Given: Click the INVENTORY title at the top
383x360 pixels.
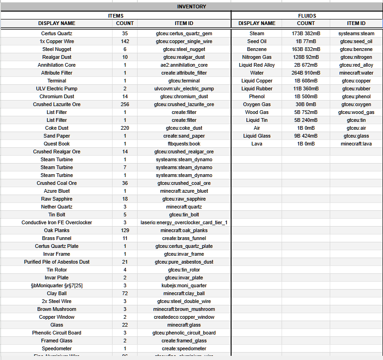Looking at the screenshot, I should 191,6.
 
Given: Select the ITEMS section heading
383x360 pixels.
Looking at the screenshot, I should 115,15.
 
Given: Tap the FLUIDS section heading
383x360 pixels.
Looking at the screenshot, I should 307,15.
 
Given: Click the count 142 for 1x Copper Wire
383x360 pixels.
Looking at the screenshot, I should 125,41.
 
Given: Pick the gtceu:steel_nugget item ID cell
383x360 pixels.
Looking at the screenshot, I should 184,49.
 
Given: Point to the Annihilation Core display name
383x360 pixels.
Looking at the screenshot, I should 57,65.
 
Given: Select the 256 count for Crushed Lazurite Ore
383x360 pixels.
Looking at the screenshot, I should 125,104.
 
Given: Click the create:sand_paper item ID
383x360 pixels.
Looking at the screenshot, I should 184,136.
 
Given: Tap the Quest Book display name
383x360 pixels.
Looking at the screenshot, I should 57,144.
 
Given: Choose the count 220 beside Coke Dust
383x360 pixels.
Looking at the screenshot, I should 125,128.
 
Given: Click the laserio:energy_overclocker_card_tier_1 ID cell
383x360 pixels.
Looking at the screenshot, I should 184,222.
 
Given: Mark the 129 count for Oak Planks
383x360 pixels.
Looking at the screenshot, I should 125,230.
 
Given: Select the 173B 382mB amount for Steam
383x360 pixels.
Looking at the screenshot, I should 306,33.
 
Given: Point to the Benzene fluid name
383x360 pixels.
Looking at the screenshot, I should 257,49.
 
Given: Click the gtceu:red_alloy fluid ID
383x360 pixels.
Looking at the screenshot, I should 356,65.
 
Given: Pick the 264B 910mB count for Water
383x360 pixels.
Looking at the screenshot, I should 306,73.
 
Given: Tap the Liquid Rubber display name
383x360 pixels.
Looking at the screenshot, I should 257,88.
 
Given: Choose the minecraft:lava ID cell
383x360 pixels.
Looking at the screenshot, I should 356,144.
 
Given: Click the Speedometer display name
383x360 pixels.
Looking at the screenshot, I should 57,348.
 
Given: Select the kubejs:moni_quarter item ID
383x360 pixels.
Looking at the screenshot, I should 184,285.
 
